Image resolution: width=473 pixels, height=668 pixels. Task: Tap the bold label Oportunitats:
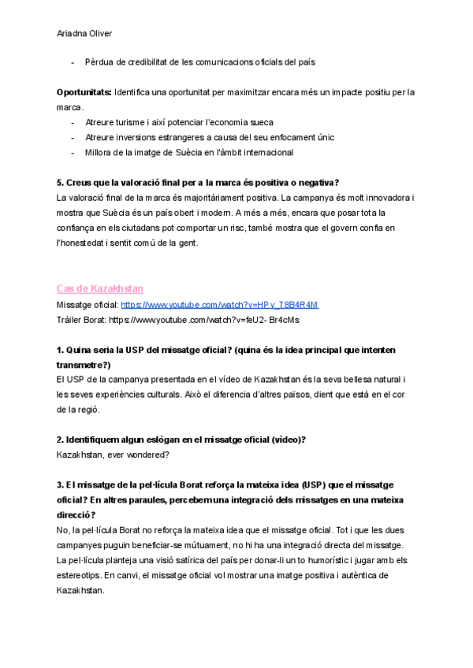point(84,92)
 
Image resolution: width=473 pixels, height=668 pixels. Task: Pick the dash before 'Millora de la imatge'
point(73,152)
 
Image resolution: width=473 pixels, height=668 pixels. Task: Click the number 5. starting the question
point(61,182)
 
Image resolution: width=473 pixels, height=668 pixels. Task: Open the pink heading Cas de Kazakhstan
point(99,289)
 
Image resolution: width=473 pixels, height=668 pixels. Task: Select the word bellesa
point(357,380)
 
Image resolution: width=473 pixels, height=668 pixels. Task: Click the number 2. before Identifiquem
point(61,440)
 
